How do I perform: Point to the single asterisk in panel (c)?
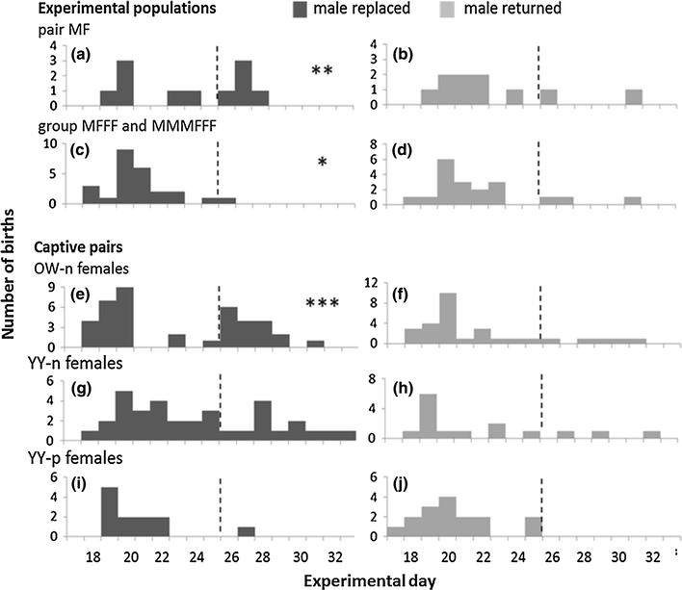coord(323,164)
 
